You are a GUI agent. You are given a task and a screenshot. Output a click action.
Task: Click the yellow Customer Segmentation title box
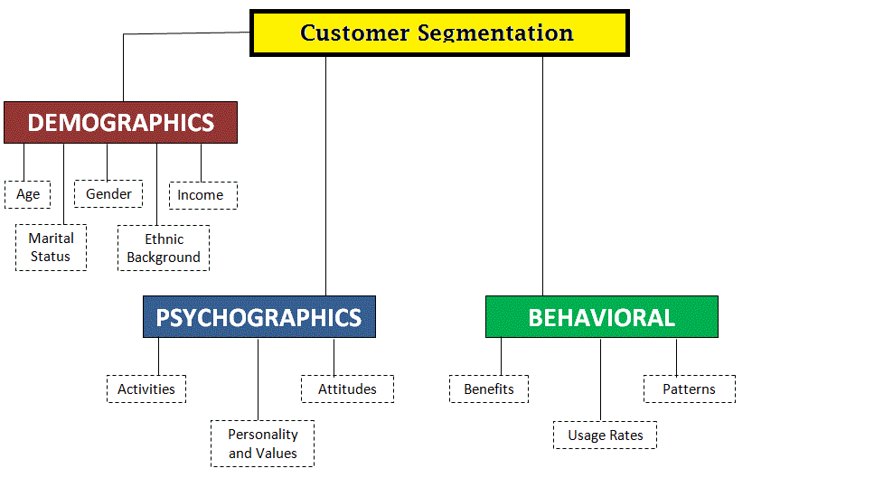point(439,33)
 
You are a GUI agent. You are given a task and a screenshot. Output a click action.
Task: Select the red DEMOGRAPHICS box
point(121,123)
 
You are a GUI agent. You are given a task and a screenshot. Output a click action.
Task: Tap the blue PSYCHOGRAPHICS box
point(259,317)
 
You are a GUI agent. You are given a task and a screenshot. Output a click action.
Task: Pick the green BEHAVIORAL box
point(602,317)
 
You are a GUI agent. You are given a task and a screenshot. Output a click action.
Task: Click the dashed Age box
point(27,195)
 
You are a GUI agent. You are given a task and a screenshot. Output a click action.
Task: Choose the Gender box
point(108,193)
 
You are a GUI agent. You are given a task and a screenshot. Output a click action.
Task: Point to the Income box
point(203,195)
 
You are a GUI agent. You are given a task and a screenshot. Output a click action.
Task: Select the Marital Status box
point(52,248)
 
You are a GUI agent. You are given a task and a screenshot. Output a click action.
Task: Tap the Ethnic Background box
point(164,248)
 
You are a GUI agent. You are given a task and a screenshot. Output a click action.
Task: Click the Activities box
point(146,389)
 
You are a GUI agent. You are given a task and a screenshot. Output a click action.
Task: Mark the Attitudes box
point(347,389)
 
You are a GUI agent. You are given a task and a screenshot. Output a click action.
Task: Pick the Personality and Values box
point(262,444)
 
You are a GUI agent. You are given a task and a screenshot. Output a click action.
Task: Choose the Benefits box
point(489,389)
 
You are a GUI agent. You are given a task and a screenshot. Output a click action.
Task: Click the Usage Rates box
point(605,435)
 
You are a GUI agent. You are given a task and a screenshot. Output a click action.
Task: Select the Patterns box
point(690,389)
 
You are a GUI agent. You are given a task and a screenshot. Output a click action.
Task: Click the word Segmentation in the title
point(495,33)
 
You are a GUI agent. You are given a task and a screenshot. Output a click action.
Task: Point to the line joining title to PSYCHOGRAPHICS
point(325,176)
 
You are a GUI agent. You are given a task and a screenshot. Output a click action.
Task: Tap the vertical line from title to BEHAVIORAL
point(542,176)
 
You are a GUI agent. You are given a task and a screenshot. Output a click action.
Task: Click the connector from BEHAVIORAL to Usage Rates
point(600,379)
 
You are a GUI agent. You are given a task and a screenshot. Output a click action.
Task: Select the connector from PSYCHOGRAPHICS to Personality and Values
point(258,379)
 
